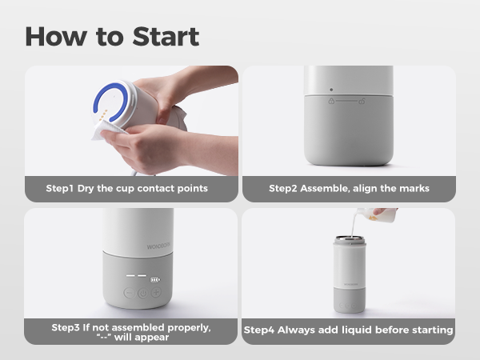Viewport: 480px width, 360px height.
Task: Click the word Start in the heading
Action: [166, 37]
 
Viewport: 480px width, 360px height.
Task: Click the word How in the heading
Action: [56, 37]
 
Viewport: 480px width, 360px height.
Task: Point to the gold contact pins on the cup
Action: [104, 114]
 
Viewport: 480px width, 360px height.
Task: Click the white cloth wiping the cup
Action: [107, 130]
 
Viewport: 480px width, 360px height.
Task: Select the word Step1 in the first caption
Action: [60, 188]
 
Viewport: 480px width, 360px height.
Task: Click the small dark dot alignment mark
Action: [331, 90]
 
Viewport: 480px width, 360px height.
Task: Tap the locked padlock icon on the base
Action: [331, 101]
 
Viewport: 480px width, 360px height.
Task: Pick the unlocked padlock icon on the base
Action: [362, 101]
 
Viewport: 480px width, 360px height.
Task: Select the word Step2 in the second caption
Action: [283, 188]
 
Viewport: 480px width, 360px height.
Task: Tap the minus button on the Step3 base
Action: [129, 293]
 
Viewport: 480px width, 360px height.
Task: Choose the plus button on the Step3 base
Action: [157, 292]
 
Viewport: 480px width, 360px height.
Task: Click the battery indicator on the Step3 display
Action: [155, 280]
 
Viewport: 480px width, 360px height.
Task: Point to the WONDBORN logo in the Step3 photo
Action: [158, 246]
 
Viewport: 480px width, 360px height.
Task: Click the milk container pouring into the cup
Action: [377, 215]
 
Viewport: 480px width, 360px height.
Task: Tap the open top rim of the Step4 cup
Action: [350, 238]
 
